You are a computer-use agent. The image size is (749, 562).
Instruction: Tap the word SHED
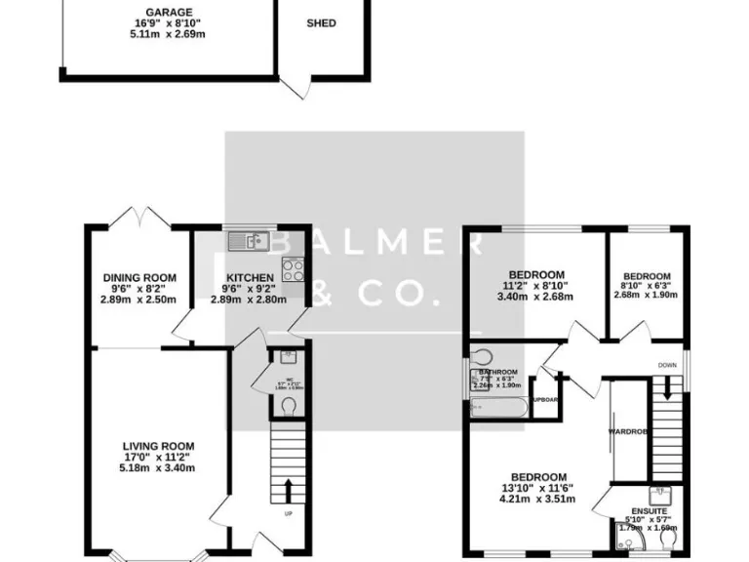321,22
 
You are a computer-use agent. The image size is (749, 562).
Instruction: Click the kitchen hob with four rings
292,268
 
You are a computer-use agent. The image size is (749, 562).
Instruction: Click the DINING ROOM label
138,278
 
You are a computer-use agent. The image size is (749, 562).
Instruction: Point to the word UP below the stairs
288,513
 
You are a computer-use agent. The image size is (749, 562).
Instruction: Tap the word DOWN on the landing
666,367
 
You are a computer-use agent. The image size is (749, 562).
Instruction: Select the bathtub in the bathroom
497,406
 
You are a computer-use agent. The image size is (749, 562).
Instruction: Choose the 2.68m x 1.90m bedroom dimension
647,295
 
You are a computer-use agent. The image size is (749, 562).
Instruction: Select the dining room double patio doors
138,217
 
